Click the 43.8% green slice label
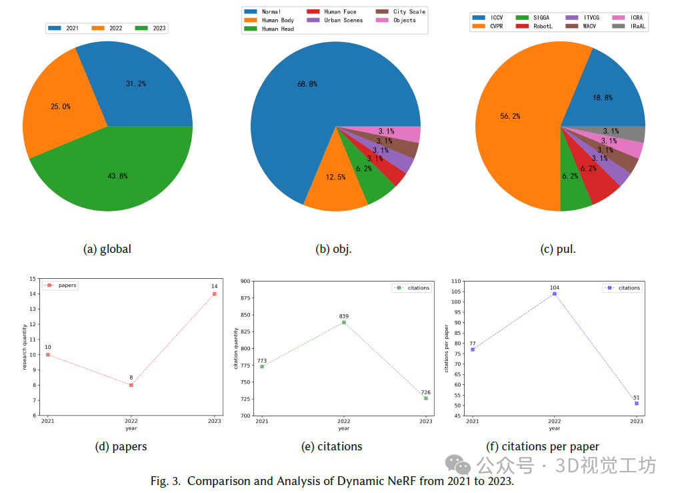tap(117, 176)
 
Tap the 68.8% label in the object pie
tap(307, 84)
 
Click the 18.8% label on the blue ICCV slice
tap(603, 97)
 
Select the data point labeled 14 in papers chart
tap(215, 294)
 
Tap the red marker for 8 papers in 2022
tap(131, 385)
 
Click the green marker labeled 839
tap(344, 322)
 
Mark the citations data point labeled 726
tap(425, 398)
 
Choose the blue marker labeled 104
tap(555, 294)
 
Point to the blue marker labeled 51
tap(637, 404)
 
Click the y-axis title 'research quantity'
tap(25, 347)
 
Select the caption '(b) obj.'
tap(333, 249)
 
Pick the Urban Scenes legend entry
tap(343, 21)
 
